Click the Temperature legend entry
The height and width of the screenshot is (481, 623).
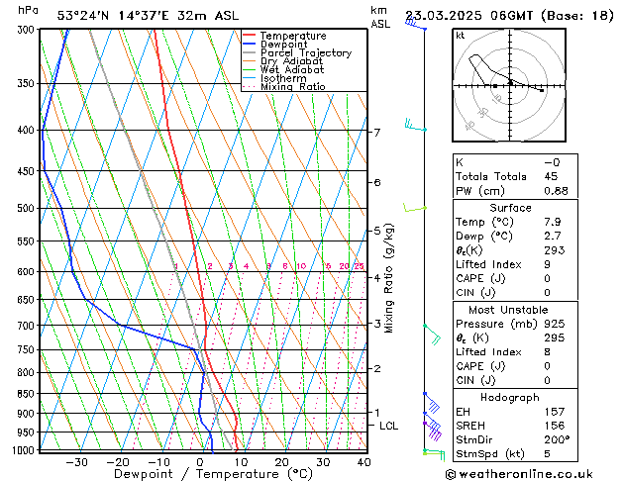coord(294,36)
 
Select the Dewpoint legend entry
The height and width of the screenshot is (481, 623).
coord(287,45)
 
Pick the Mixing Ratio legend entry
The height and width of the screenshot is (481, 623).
coord(292,87)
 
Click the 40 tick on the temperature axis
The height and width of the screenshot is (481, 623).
coord(363,462)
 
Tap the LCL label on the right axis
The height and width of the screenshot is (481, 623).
coord(389,426)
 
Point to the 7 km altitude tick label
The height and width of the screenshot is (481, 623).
coord(376,133)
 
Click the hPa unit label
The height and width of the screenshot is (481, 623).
coord(29,10)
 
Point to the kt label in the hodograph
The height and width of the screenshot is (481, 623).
coord(460,36)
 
